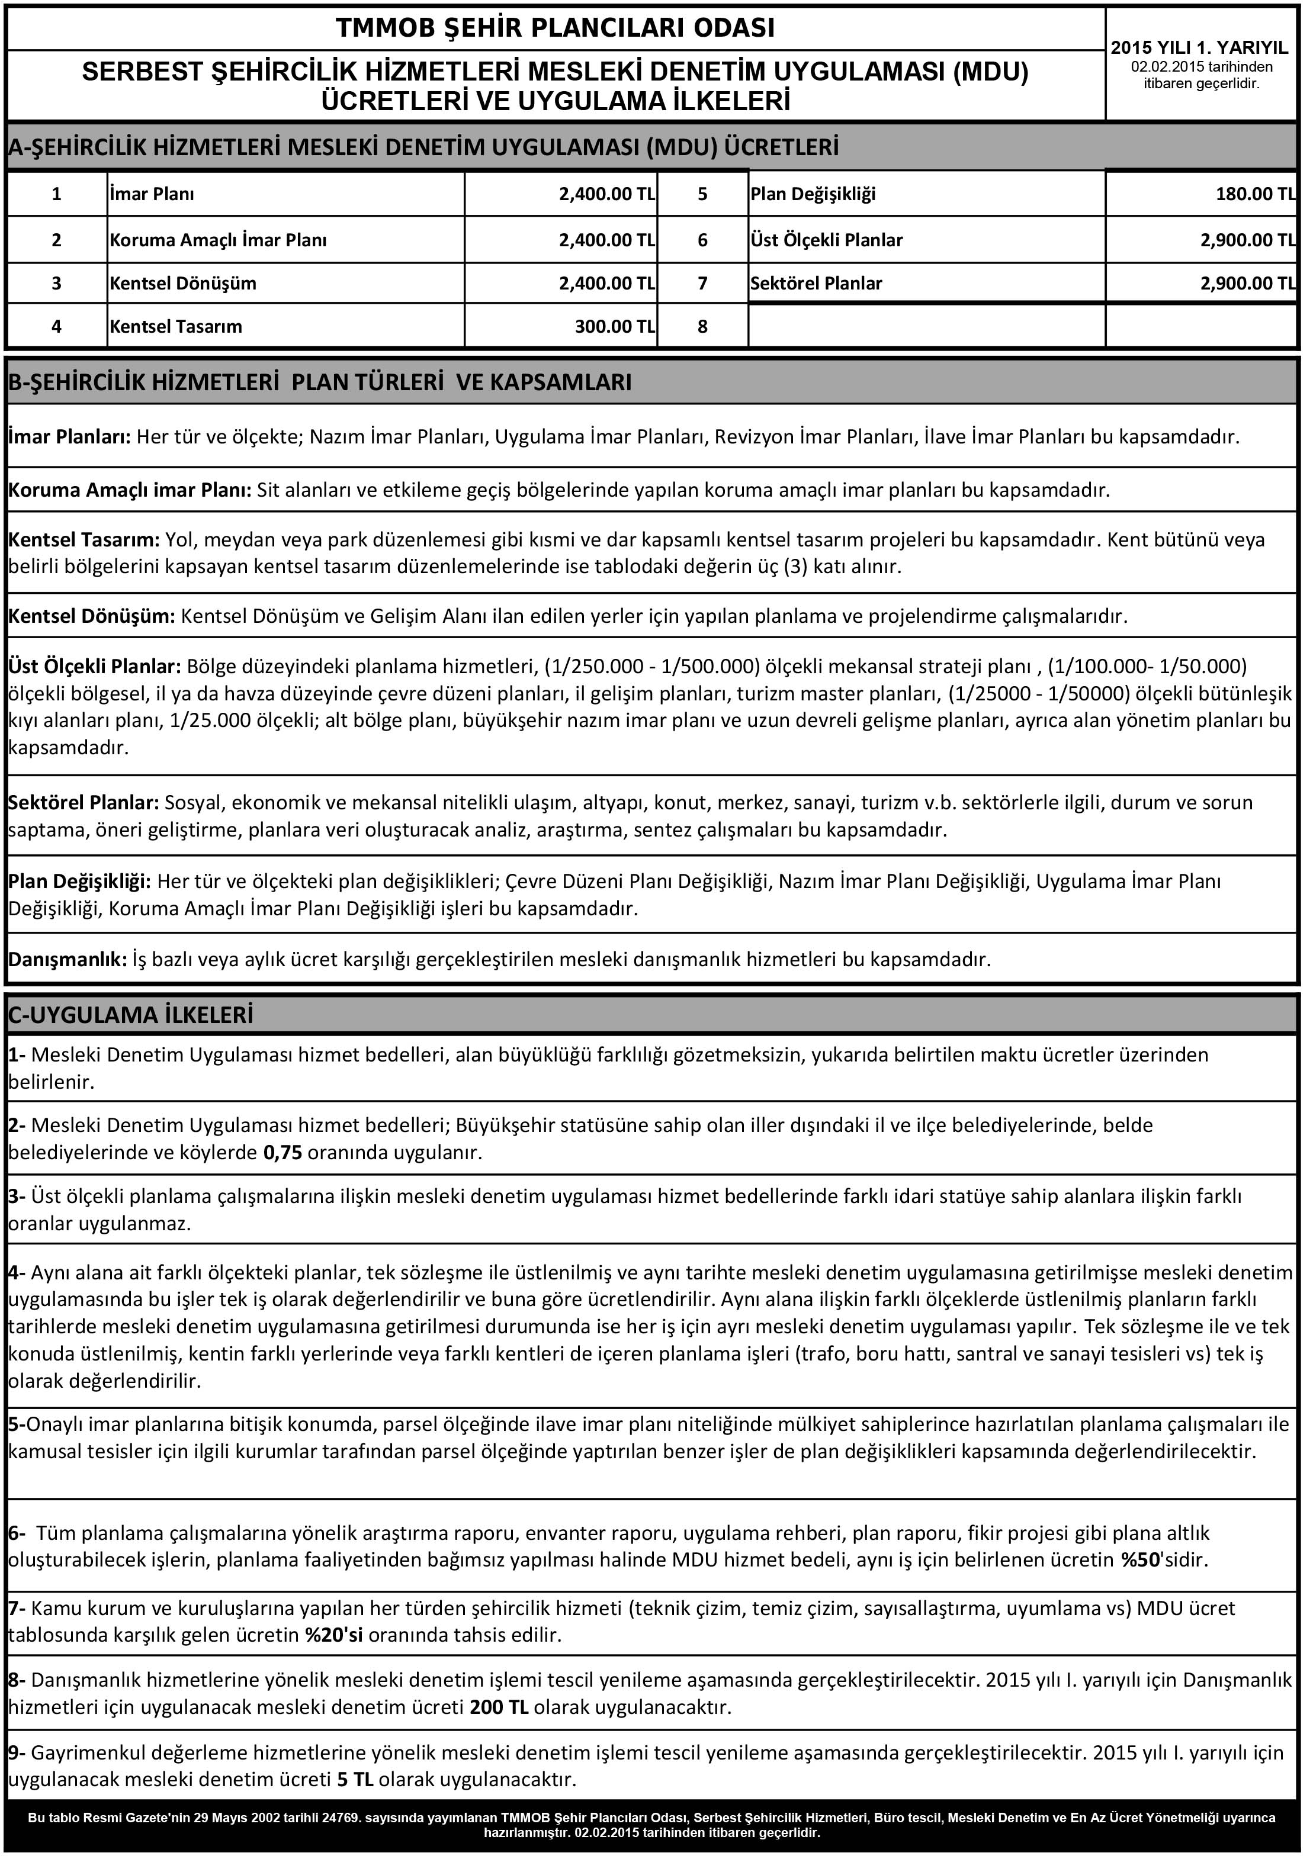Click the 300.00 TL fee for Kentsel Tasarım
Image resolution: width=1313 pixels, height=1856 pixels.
pos(615,327)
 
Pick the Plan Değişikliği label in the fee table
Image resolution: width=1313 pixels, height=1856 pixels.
pos(813,194)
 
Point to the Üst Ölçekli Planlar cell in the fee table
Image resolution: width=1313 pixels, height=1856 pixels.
pos(826,240)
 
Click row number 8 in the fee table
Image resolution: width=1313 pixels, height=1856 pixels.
pos(702,327)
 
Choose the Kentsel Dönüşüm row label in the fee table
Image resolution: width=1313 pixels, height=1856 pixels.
pos(183,284)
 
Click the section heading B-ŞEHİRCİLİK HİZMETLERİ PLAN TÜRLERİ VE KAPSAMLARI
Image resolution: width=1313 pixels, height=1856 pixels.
pos(320,382)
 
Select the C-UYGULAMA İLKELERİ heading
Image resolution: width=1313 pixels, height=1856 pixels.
pos(131,1015)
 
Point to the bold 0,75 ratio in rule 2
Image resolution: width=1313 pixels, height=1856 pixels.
pos(283,1153)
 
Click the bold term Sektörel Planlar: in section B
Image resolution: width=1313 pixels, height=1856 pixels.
pos(84,803)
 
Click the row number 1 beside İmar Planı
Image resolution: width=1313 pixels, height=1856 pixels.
pos(57,194)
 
